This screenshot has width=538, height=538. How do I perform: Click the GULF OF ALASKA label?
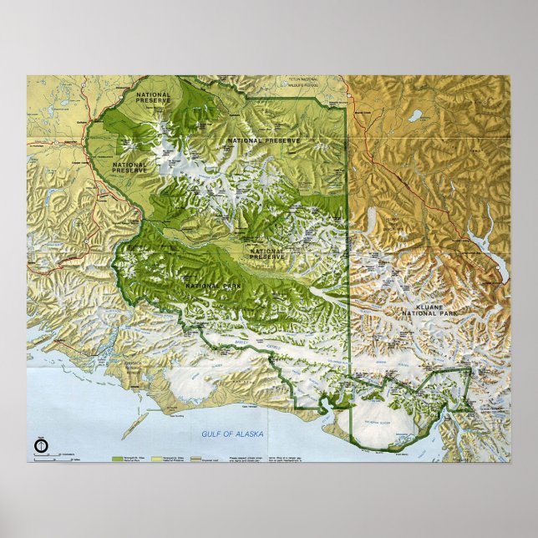tap(232, 434)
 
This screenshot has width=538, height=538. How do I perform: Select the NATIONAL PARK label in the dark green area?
tap(207, 287)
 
